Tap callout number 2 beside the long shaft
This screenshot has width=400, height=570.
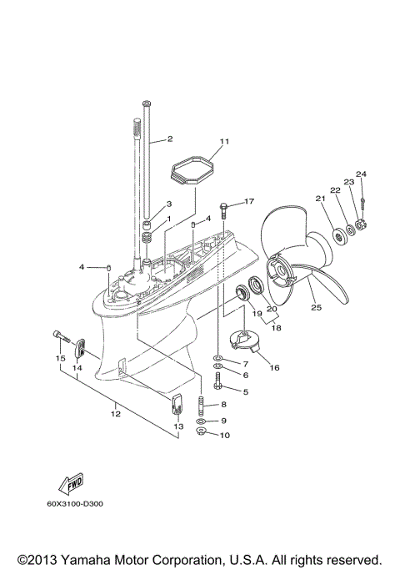pyautogui.click(x=169, y=139)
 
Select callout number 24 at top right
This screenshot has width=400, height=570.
pyautogui.click(x=360, y=174)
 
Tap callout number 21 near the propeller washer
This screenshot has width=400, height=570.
pyautogui.click(x=319, y=198)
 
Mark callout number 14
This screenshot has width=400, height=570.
pyautogui.click(x=77, y=366)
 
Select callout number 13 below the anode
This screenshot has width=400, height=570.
pyautogui.click(x=177, y=426)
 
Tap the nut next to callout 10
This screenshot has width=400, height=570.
pyautogui.click(x=202, y=434)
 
